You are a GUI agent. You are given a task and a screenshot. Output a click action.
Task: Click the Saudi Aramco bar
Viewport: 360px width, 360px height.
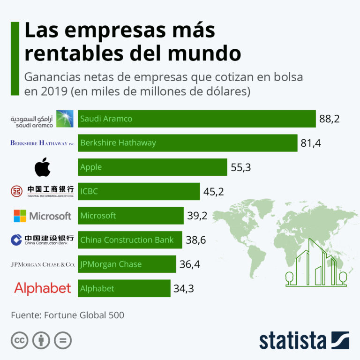[196, 119]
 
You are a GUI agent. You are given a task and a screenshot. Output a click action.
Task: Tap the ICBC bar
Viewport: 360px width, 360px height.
[139, 191]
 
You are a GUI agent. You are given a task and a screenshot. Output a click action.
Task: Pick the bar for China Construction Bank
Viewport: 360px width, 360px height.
[130, 240]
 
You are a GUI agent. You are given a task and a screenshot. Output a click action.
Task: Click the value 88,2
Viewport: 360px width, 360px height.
[329, 119]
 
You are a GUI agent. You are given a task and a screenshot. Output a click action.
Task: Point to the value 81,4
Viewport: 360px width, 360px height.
[310, 143]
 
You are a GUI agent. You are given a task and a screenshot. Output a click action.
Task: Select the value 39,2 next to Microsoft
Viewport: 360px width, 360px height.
[197, 216]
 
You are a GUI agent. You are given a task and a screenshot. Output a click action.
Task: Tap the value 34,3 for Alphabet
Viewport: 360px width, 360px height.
[184, 289]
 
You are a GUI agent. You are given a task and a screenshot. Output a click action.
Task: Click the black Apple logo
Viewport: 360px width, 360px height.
[42, 167]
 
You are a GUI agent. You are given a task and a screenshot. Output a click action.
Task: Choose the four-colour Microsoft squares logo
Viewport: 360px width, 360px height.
[20, 216]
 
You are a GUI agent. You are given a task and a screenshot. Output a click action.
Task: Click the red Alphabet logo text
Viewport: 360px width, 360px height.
[42, 288]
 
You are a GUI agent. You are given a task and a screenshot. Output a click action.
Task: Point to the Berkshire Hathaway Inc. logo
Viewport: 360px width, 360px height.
[42, 143]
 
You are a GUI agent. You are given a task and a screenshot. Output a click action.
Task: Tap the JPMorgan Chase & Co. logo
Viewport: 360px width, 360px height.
[42, 264]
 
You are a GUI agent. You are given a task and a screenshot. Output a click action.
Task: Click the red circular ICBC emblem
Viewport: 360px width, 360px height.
[17, 191]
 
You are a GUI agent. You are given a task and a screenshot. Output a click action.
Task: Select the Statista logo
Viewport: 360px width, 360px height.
[304, 340]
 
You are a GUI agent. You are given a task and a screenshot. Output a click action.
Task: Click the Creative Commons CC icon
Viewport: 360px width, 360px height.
[19, 340]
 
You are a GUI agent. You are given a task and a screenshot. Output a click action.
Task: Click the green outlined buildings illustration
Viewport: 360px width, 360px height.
[315, 262]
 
